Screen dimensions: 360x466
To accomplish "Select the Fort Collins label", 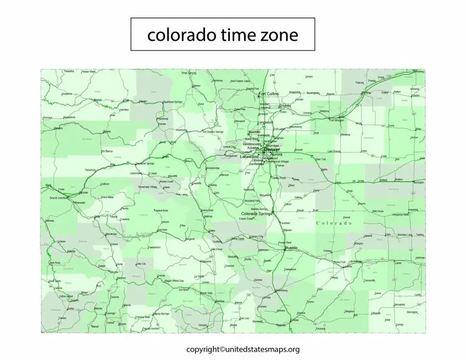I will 269,94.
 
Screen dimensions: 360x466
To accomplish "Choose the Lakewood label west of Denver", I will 249,157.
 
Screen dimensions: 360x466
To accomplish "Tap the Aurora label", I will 276,155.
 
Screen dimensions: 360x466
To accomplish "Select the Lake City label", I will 141,264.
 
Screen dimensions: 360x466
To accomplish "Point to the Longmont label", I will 266,122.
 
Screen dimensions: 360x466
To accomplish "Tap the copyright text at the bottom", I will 243,349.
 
